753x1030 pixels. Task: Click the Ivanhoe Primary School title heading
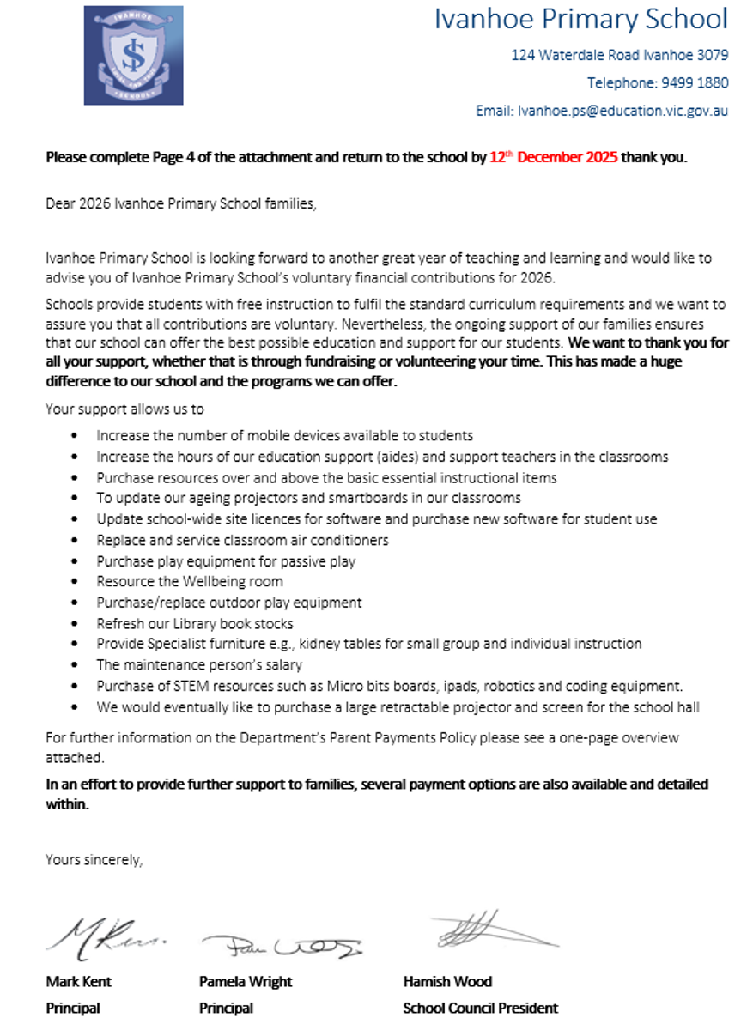[x=580, y=19]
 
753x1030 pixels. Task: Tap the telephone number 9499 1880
[x=695, y=83]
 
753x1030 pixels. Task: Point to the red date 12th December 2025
[x=553, y=158]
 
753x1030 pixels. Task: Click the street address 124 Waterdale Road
[x=619, y=55]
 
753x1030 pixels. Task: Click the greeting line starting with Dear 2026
[x=181, y=204]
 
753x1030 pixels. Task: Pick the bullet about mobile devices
[x=284, y=436]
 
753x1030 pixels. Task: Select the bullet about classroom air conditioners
[x=242, y=540]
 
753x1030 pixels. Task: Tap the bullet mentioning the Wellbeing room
[x=189, y=581]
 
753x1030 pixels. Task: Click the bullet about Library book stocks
[x=195, y=623]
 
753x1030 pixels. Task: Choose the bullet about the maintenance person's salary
[x=199, y=664]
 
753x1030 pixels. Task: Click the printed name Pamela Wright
[x=246, y=981]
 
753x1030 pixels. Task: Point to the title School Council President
[x=480, y=1008]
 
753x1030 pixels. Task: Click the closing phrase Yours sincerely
[x=94, y=859]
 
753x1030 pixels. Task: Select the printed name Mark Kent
[x=78, y=981]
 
